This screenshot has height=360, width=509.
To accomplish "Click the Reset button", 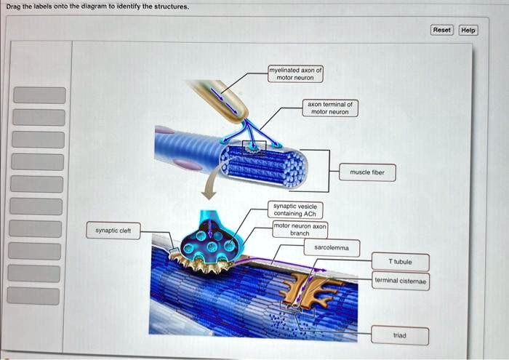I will click(x=441, y=30).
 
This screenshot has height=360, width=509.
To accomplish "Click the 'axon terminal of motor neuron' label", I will click(x=329, y=108).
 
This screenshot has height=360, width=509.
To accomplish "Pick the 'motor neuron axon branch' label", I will click(x=300, y=230).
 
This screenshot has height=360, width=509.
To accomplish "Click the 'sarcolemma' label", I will click(x=332, y=248).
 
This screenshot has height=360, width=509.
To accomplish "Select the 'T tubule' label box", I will click(x=400, y=262).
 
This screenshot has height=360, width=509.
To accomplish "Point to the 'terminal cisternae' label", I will click(x=401, y=281).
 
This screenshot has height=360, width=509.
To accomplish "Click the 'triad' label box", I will click(x=400, y=336).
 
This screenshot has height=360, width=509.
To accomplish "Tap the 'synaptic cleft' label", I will click(x=113, y=231).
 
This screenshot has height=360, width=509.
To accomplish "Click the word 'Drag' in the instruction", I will click(x=14, y=6).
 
